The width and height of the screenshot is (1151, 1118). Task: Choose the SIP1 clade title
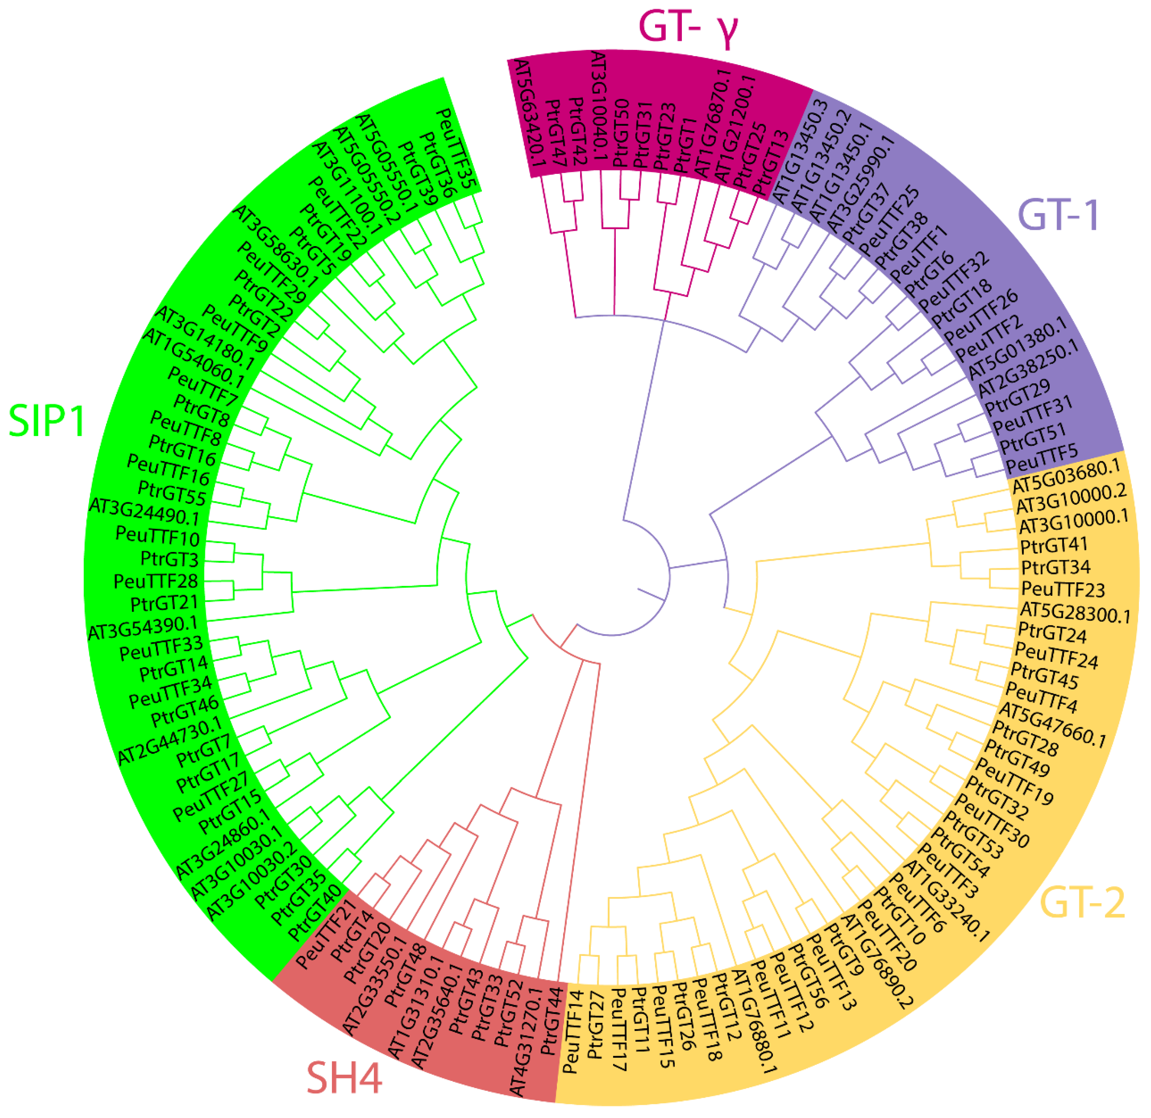click(47, 421)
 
